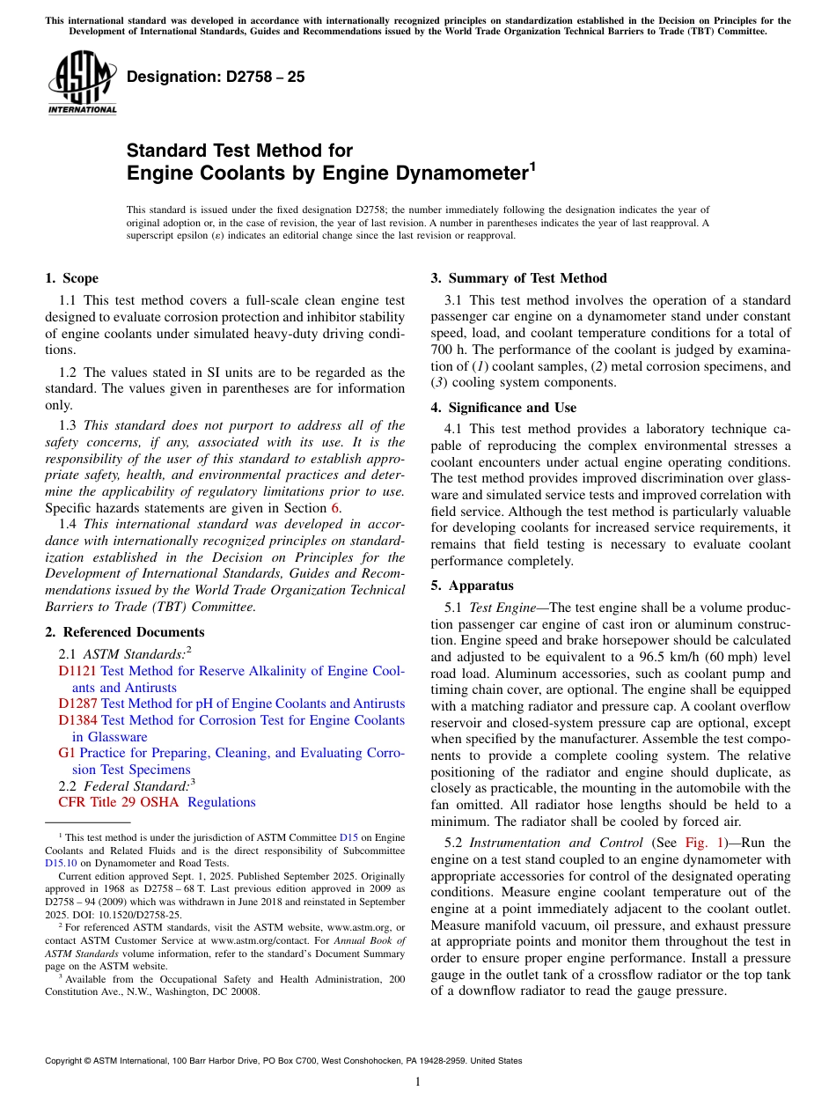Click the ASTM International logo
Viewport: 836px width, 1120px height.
point(82,84)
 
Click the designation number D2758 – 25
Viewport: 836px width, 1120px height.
point(216,77)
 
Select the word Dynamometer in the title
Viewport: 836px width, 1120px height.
point(455,173)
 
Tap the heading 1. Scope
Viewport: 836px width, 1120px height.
point(71,278)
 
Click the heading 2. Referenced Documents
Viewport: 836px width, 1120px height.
point(124,632)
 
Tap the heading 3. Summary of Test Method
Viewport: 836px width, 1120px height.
point(518,278)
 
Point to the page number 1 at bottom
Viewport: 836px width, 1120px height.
point(418,1082)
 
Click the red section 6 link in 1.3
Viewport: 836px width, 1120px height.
point(334,508)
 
